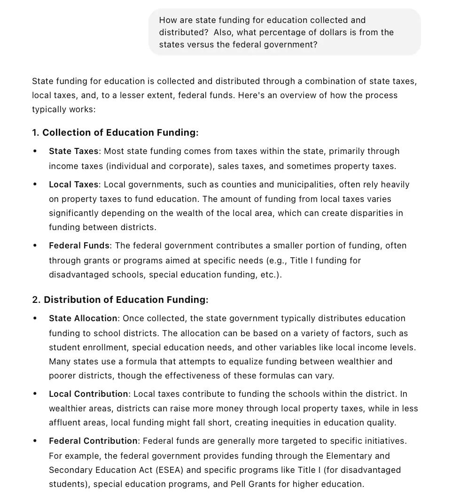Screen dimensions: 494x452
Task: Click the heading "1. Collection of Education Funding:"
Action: [x=115, y=133]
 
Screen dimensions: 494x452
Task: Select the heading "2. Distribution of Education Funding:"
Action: [x=120, y=300]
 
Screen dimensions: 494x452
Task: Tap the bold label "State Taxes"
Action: [x=74, y=151]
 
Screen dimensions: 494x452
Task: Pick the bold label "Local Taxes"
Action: [x=74, y=185]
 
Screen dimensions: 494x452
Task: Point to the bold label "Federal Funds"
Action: [x=79, y=246]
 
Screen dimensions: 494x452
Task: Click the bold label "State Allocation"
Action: [x=83, y=318]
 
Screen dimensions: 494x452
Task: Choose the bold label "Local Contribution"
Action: [x=88, y=394]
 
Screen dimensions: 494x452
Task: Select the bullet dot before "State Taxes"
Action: [x=35, y=151]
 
